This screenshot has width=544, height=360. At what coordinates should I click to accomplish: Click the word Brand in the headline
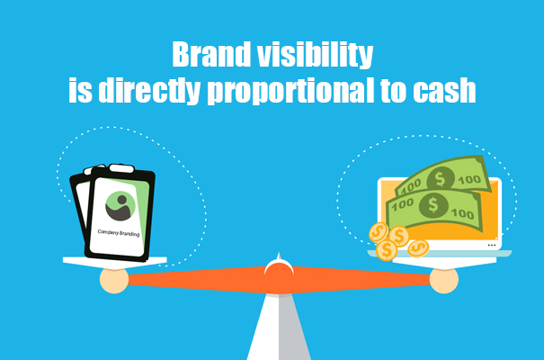pos(211,55)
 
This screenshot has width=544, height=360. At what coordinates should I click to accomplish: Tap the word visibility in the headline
pos(316,55)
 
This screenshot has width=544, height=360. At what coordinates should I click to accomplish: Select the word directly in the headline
pos(149,90)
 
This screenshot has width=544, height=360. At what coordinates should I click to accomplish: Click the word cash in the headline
pos(444,90)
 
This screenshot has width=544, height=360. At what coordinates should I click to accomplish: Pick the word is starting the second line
pos(81,90)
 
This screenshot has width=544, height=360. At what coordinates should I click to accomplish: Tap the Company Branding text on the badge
pos(119,232)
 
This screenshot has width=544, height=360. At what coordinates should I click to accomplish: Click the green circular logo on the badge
pos(120,206)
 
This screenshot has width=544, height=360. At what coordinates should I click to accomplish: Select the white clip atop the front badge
pos(121,168)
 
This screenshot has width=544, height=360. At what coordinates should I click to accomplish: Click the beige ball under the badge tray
pos(114,280)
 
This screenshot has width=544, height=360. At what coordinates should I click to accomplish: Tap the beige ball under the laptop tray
pos(444,280)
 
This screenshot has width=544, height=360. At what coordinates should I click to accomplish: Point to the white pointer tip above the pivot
pos(279,256)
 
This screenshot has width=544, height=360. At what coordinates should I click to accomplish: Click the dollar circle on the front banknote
pos(433,205)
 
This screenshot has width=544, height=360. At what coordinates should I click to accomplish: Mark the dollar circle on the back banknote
pos(441,179)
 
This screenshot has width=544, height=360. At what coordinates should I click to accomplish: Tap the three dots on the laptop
pos(492,246)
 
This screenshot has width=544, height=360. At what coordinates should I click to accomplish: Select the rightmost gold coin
pos(418,248)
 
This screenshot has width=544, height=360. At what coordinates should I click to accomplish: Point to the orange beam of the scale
pos(279,280)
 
